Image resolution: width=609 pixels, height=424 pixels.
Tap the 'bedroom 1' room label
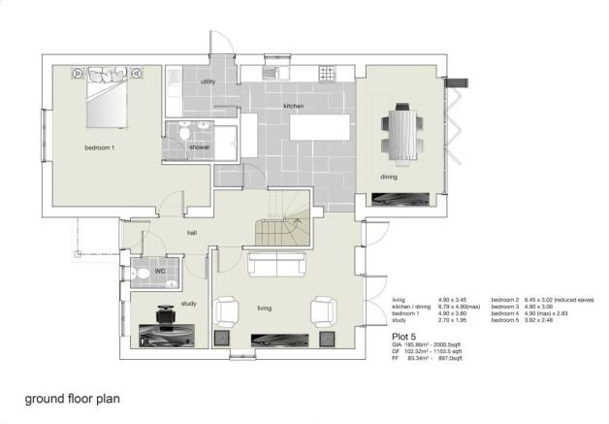coord(100,147)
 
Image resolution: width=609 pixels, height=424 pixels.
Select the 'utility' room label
coord(208,82)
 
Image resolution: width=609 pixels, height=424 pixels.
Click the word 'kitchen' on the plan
coord(295,105)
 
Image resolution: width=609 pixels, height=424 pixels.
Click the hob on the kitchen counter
coord(328,74)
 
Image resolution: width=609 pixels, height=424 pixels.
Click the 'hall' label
coord(193,233)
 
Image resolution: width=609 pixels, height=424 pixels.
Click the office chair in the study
coord(165,316)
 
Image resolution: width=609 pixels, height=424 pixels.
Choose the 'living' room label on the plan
coord(264,309)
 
